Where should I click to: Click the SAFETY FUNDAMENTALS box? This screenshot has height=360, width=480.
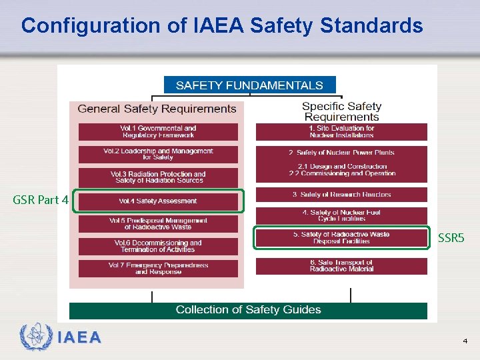point(249,85)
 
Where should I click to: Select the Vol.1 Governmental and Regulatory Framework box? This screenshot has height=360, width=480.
point(158,131)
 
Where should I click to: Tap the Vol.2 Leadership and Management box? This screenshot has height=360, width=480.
point(158,154)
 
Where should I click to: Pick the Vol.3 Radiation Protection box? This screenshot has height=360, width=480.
point(158,177)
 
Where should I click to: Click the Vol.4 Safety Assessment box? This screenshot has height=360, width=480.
point(158,201)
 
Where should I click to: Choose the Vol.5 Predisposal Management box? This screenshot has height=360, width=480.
point(158,223)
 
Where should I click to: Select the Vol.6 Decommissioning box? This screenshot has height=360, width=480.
point(158,246)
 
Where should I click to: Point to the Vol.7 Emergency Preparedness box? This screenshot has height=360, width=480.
point(158,268)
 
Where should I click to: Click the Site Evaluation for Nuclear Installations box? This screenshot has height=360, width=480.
point(341,131)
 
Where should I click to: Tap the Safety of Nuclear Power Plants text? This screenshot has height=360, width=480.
point(341,153)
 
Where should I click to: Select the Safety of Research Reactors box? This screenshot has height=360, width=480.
point(341,195)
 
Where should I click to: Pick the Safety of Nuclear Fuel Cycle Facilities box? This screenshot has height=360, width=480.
point(341,215)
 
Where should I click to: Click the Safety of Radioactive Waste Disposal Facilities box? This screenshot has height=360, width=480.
point(341,238)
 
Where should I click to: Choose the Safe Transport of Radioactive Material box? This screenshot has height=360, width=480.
point(341,266)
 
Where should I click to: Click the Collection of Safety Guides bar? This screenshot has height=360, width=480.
point(248,310)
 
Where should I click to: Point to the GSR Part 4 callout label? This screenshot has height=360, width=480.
point(41,200)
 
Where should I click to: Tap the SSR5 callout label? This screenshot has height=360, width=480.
point(451,237)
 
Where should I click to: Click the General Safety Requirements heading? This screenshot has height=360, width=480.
point(157,109)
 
